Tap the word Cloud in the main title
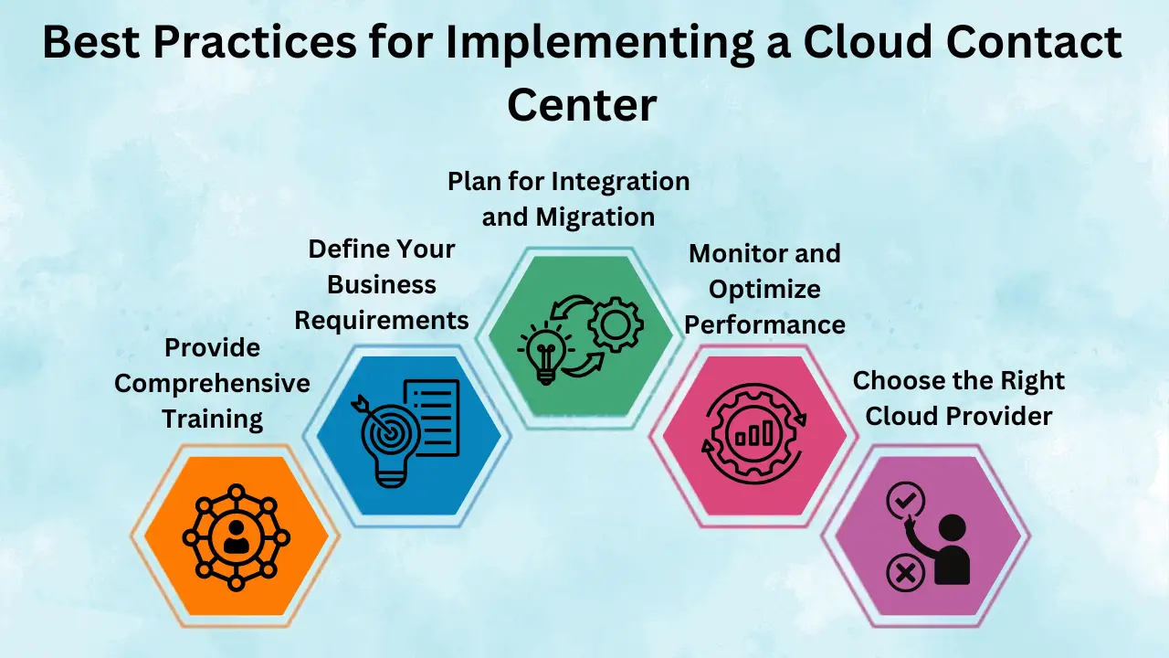click(x=868, y=41)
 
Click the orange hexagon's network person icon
click(x=236, y=536)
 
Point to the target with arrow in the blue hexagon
click(x=385, y=429)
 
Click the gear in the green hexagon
click(x=616, y=324)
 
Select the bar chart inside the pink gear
click(x=754, y=433)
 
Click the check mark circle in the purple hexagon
click(x=905, y=501)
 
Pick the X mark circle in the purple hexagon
click(x=905, y=573)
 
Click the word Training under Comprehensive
click(x=213, y=419)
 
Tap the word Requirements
click(x=382, y=320)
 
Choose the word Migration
click(x=595, y=217)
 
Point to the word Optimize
click(x=764, y=290)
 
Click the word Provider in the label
click(x=998, y=416)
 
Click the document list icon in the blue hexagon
click(x=433, y=418)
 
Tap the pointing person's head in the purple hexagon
click(x=953, y=528)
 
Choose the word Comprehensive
click(x=213, y=384)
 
